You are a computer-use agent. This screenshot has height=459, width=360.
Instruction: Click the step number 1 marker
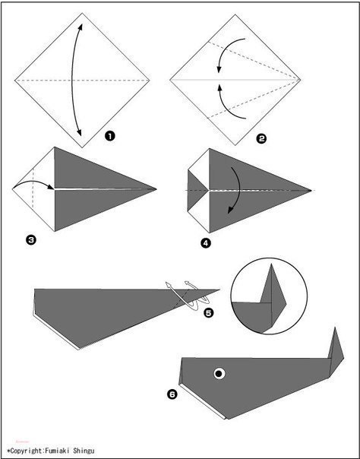pos(110,136)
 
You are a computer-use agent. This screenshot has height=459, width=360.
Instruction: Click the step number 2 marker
pos(261,138)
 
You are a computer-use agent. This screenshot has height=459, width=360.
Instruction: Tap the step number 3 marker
pos(30,240)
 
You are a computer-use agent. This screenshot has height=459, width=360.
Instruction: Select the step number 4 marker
pos(206,243)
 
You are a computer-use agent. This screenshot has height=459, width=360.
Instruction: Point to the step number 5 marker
pos(209,313)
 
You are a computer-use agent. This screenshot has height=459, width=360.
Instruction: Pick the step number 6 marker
pos(172,394)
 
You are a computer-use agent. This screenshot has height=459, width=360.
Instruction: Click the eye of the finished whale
pos(219,374)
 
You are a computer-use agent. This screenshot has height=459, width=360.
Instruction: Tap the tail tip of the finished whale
pos(336,328)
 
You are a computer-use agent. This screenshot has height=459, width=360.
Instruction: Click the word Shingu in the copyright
pos(84,451)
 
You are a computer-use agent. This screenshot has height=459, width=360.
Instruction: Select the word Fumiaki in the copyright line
pos(57,450)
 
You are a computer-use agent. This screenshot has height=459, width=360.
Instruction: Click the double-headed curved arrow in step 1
pos(72,80)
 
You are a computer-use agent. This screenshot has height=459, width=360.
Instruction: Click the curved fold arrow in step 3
pos(33,181)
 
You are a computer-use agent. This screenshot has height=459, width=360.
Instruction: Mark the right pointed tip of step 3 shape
pos(156,189)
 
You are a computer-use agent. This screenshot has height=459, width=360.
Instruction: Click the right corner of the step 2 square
pos(300,80)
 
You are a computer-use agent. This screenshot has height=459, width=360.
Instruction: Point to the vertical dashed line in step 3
pos(33,188)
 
